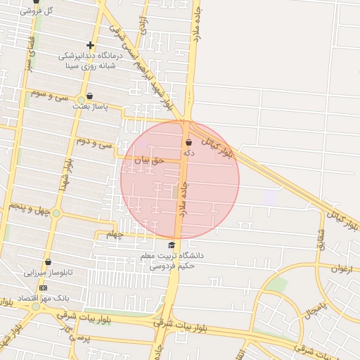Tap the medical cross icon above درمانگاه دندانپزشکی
90,46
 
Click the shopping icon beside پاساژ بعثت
89,97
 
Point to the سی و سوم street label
46,95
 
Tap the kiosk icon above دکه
188,142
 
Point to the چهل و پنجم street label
27,207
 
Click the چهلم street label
114,234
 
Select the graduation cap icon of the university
172,245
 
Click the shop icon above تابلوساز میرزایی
48,262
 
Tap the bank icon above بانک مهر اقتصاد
44,288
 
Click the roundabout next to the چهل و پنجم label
56,212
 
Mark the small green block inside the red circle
175,191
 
